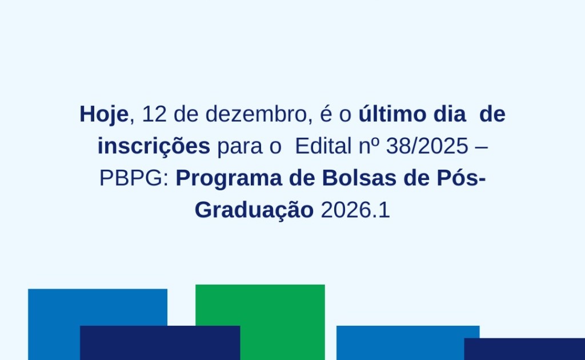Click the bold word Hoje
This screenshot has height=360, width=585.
coord(104,114)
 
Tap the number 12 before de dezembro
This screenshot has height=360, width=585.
coord(154,114)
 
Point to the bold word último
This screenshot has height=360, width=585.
coord(393,113)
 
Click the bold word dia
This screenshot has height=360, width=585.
coord(450,113)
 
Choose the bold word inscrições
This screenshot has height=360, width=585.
coord(154,146)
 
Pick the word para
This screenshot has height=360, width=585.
coord(240,147)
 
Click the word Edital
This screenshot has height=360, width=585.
coord(323,146)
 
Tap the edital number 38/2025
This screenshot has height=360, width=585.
coord(427,146)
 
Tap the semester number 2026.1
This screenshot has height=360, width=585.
coord(355,210)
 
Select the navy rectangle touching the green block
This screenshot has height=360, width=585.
coord(160,343)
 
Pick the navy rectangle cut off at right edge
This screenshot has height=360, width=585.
coord(524,349)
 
